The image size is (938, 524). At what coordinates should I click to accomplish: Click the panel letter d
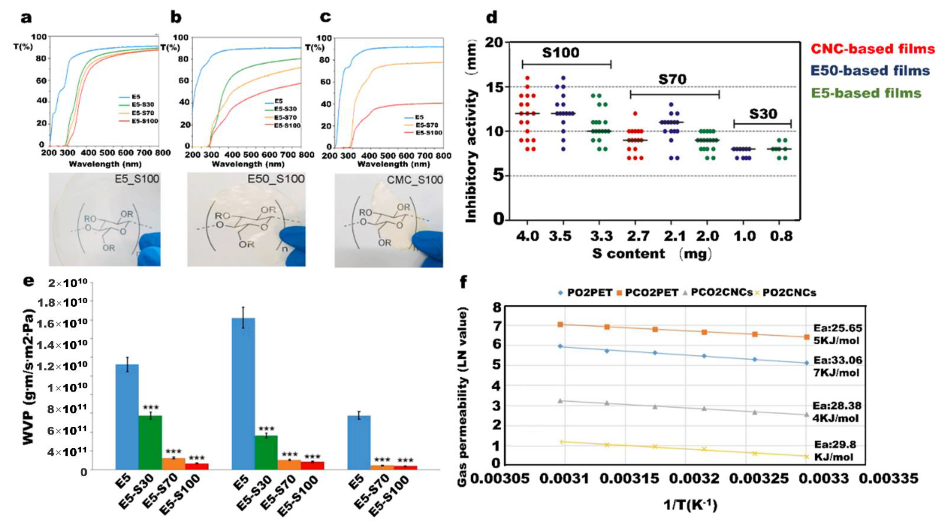[x=492, y=17]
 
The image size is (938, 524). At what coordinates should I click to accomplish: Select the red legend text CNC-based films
[x=872, y=49]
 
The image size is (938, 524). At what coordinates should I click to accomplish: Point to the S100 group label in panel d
[x=560, y=53]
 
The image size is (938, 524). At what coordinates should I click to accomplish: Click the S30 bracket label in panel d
[x=763, y=114]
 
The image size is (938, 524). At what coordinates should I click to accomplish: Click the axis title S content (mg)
[x=652, y=254]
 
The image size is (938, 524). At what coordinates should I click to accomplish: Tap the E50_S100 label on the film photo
[x=276, y=179]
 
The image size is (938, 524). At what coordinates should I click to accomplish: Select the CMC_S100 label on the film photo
[x=415, y=180]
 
